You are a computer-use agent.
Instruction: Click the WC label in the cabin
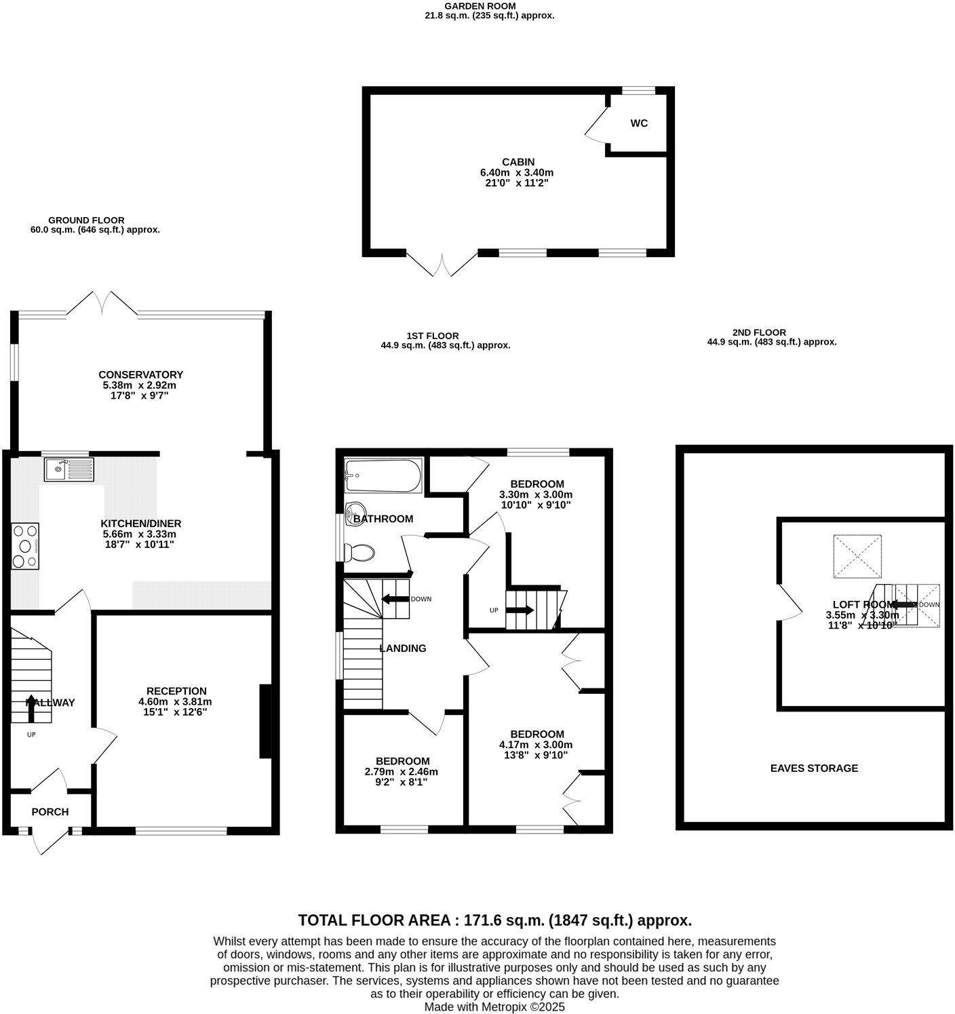point(639,123)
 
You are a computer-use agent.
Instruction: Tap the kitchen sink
point(69,469)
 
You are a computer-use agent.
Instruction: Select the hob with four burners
point(26,545)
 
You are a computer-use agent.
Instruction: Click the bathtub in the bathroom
point(383,476)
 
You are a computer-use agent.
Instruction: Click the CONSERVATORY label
point(140,374)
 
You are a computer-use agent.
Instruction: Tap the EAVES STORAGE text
point(814,768)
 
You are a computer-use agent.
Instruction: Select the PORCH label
point(50,812)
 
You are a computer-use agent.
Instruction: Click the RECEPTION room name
point(176,691)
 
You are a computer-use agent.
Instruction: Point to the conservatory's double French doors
point(102,303)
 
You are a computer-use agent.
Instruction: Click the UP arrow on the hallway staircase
point(31,704)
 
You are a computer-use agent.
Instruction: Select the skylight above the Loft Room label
point(857,556)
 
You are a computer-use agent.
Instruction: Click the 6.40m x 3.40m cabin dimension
point(517,172)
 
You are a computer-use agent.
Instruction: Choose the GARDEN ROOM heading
point(489,6)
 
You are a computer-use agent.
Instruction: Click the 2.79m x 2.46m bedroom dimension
point(401,772)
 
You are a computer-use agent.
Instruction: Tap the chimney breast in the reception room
point(265,721)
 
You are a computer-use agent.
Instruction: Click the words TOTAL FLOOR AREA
point(374,920)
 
